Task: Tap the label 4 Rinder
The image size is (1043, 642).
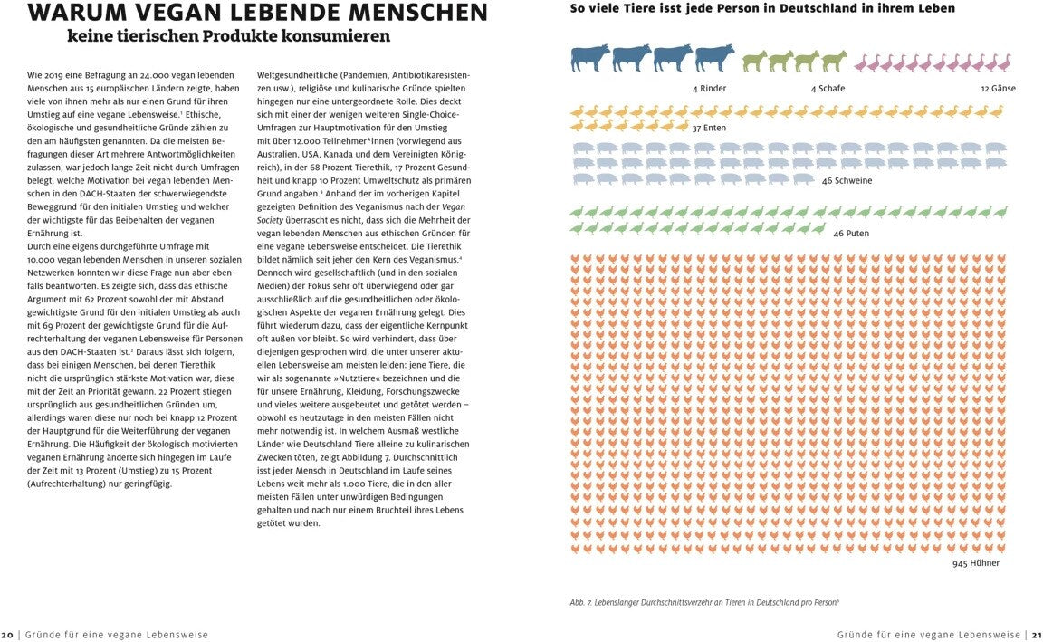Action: [709, 89]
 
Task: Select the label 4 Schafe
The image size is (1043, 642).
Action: [827, 89]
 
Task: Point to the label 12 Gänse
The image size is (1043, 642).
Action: [998, 89]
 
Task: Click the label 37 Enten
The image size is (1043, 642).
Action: [709, 129]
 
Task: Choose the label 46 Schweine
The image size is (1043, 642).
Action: [847, 180]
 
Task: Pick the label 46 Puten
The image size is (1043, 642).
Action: [851, 233]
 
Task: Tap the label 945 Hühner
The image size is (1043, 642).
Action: [975, 563]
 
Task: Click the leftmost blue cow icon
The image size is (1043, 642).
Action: [590, 58]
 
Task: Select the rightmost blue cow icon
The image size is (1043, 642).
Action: [715, 58]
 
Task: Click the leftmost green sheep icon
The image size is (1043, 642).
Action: [754, 62]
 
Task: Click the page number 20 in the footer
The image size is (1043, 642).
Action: [7, 635]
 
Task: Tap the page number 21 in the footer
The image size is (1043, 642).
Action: [1036, 635]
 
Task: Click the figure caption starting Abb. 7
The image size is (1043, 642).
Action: [704, 601]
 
